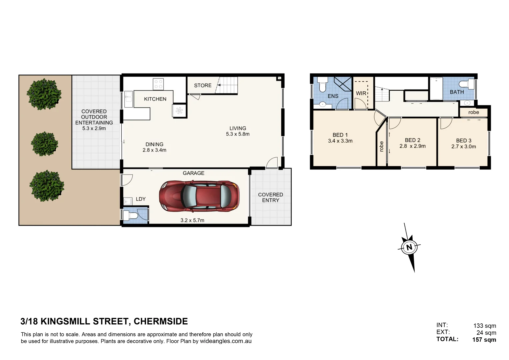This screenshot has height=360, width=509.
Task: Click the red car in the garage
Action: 199,196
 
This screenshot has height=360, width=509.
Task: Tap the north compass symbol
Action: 409,247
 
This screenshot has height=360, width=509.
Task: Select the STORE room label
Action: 203,85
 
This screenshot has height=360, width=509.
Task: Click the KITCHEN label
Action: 155,99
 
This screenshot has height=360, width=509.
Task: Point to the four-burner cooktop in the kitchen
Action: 158,84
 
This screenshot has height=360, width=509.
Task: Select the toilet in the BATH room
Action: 467,84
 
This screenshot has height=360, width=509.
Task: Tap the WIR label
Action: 361,93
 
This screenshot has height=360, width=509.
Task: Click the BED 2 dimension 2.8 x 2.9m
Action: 412,146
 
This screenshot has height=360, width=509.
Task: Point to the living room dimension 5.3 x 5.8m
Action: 237,134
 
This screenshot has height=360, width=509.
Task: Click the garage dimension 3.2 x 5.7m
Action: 192,220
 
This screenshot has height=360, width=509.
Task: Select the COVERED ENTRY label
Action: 270,197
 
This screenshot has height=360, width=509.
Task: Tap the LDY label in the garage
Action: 141,199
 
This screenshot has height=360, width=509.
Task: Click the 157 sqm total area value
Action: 484,340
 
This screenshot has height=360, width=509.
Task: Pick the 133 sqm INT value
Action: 485,326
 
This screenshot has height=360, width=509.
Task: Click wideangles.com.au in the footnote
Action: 226,341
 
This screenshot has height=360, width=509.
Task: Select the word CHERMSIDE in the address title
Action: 161,321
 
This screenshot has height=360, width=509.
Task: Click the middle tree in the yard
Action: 45,144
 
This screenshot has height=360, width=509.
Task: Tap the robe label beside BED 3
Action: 473,112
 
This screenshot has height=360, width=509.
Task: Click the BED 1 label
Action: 340,135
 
